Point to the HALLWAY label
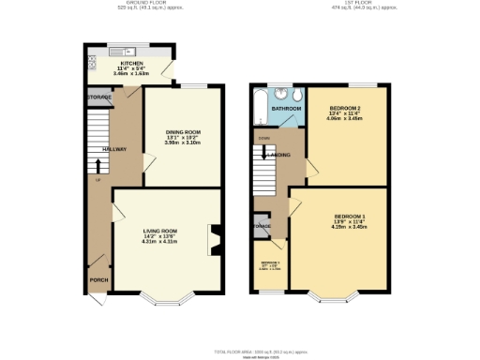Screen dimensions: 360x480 click(115, 148)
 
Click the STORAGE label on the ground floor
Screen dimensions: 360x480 click(99, 97)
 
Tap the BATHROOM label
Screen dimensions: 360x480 click(287, 109)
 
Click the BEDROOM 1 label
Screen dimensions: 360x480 click(349, 217)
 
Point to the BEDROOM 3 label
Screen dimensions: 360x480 click(270, 262)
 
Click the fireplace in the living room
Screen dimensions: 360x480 click(215, 240)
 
